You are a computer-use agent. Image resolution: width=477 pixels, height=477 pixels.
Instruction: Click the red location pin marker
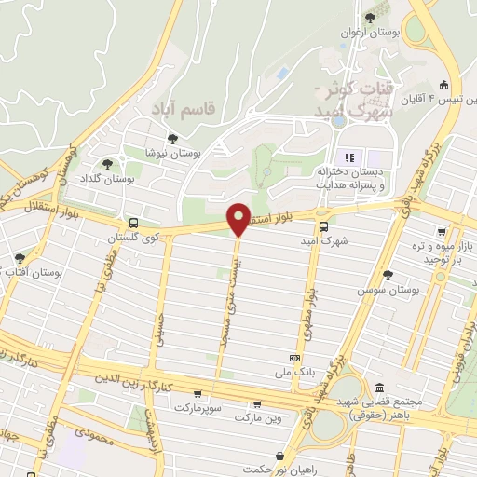click(x=238, y=219)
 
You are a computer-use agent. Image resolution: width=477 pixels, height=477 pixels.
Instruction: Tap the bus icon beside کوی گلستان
click(x=134, y=224)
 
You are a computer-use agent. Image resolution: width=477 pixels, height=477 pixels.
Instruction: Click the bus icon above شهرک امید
click(x=323, y=225)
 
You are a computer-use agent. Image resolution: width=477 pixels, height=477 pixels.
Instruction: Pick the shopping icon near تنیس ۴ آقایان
click(x=445, y=82)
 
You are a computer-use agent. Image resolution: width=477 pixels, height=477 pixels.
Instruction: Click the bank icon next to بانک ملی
click(x=295, y=357)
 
